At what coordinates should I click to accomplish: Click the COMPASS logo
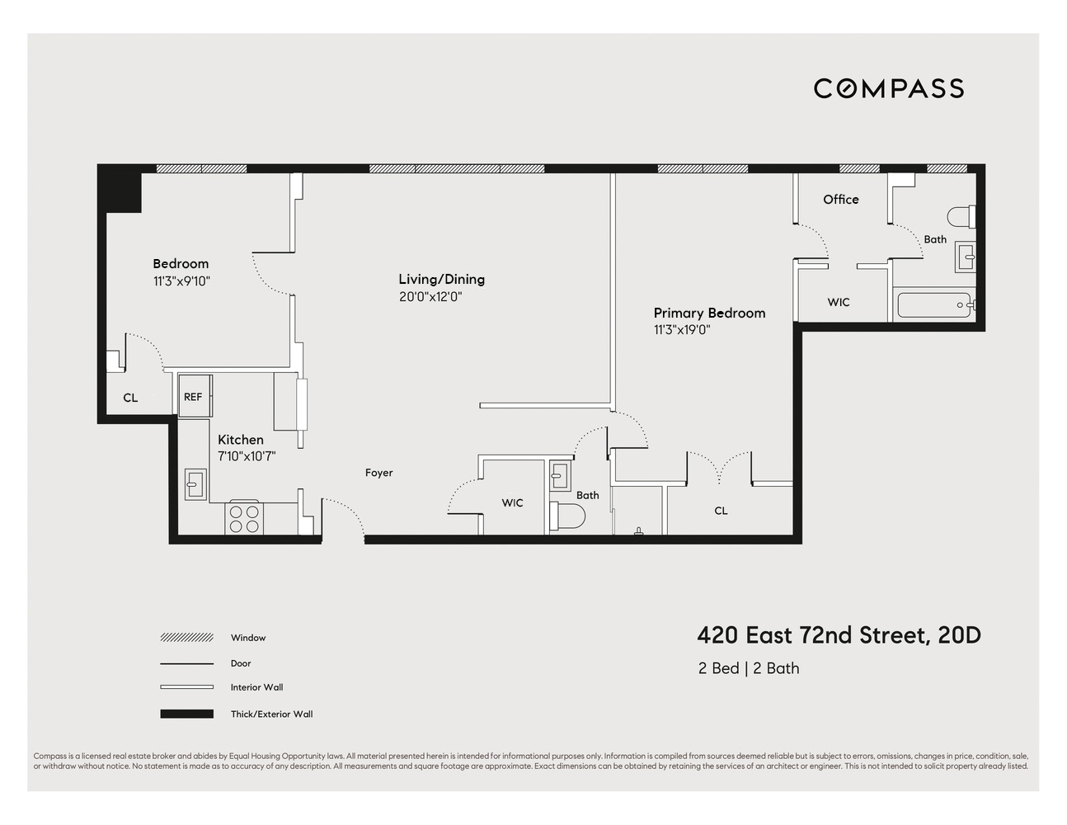[x=888, y=88]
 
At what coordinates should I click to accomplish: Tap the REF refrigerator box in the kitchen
[x=194, y=397]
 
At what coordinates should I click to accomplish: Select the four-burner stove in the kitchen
[x=243, y=518]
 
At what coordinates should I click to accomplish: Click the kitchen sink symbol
[x=195, y=483]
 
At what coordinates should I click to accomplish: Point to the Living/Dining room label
[x=441, y=279]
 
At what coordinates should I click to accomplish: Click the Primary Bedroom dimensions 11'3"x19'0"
[x=682, y=330]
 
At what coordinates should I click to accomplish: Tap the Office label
[x=840, y=200]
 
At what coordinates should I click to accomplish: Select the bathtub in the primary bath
[x=934, y=304]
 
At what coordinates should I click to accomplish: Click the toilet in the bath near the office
[x=961, y=217]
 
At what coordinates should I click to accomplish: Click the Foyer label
[x=379, y=473]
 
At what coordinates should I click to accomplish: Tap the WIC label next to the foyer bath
[x=512, y=502]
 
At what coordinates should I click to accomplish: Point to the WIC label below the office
[x=838, y=302]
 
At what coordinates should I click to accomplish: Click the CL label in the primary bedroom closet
[x=721, y=511]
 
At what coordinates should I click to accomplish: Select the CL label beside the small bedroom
[x=130, y=398]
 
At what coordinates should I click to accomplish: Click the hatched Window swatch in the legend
[x=186, y=638]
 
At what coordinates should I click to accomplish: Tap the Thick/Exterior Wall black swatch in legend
[x=186, y=714]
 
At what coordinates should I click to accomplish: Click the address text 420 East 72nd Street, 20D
[x=839, y=635]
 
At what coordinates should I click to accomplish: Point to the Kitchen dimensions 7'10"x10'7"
[x=246, y=455]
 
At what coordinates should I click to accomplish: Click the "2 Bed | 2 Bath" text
[x=748, y=668]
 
